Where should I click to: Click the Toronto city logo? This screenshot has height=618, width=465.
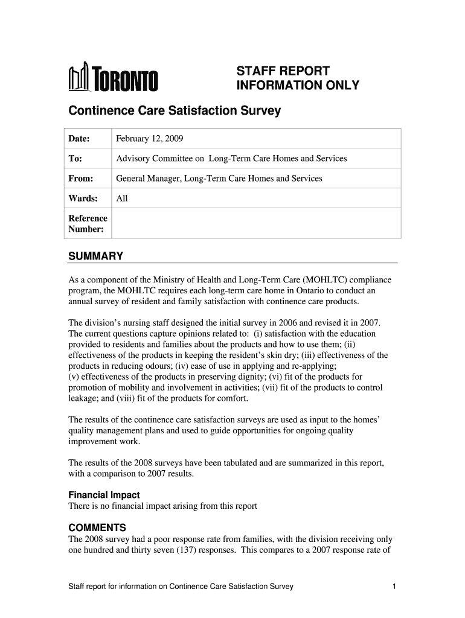113,78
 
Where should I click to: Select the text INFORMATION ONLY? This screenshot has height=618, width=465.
297,86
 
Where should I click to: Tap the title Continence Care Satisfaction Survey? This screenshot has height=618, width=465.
175,111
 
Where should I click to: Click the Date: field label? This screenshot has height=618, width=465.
79,139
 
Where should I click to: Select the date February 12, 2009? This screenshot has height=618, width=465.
149,139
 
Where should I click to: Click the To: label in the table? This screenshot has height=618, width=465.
75,159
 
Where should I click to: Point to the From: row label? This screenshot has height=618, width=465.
80,179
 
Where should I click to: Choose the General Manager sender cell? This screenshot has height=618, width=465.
219,179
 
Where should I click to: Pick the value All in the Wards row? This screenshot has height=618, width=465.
122,198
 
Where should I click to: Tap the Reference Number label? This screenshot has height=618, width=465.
88,223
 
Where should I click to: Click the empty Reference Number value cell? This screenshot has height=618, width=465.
256,223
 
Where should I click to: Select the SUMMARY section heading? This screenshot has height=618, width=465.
95,256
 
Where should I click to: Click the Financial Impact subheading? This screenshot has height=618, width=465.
104,495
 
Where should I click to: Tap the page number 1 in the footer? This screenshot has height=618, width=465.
393,587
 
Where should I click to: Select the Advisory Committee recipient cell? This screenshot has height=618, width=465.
231,159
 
